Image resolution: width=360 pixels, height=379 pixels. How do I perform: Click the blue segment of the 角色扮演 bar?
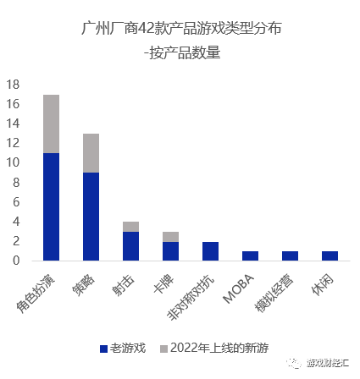click(x=51, y=206)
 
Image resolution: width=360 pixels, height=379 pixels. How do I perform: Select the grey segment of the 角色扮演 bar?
click(x=51, y=124)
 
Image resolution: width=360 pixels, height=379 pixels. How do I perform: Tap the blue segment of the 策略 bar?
click(x=91, y=217)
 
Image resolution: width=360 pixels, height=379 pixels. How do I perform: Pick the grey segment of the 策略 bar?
click(x=91, y=153)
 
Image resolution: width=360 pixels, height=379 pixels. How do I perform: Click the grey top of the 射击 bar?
click(x=130, y=227)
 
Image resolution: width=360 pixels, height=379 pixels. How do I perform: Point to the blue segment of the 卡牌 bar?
click(x=170, y=251)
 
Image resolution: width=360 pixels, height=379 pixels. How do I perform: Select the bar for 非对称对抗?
click(x=210, y=251)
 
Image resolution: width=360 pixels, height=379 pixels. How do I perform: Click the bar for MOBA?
click(x=250, y=256)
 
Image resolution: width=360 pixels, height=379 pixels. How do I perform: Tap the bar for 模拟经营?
click(x=290, y=256)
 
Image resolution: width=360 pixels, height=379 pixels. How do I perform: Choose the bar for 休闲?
click(x=330, y=256)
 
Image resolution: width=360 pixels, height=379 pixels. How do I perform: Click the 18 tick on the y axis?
click(x=13, y=85)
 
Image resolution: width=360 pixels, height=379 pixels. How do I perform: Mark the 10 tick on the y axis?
click(x=13, y=162)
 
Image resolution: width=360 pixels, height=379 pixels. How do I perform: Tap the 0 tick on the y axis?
click(x=16, y=261)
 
